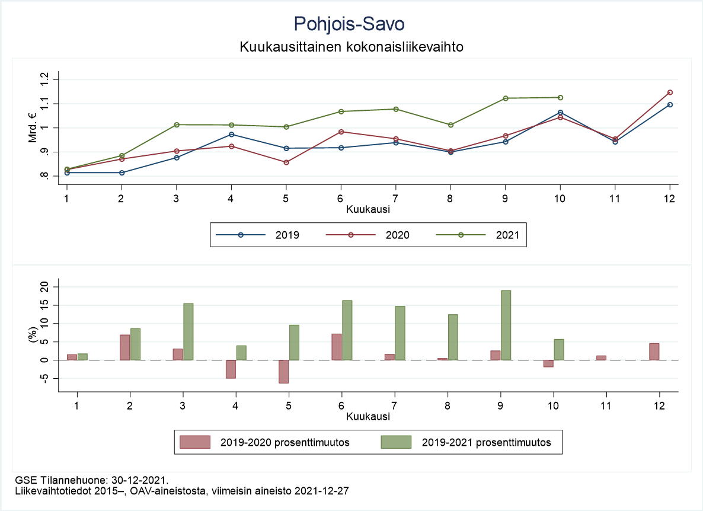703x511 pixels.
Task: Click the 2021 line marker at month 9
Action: pos(506,98)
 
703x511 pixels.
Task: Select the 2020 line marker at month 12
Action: pos(670,92)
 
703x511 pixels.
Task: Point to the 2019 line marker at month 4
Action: pos(231,135)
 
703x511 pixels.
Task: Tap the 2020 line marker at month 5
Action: pos(286,162)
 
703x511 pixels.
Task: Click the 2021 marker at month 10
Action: pos(560,98)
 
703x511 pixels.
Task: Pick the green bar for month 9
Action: pos(506,325)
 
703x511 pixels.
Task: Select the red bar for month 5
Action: pos(284,371)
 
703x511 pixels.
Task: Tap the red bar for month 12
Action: pos(654,352)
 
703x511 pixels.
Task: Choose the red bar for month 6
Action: pos(337,347)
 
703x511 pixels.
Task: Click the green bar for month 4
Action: pos(241,353)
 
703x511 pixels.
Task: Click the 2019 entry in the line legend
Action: pos(287,235)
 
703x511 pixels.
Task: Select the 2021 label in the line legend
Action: pos(507,235)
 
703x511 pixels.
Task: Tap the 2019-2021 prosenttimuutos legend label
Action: pos(486,442)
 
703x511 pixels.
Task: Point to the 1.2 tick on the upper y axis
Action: pos(46,79)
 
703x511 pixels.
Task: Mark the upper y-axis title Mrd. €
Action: pos(32,127)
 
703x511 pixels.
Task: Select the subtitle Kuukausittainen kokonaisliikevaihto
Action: pos(351,46)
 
